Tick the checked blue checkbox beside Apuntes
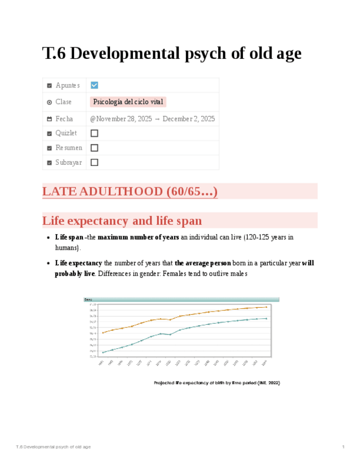[x=94, y=85]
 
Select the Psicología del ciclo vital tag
[x=128, y=102]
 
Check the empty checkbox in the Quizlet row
[x=94, y=133]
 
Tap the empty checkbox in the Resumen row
[x=94, y=148]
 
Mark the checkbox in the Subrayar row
[x=94, y=162]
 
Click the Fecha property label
[x=64, y=119]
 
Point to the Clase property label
[x=63, y=102]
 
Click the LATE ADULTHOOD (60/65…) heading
[x=130, y=192]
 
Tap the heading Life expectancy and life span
[x=122, y=221]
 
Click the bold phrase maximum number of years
[x=138, y=237]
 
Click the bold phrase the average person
[x=202, y=263]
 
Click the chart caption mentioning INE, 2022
[x=217, y=382]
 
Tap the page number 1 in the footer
[x=343, y=447]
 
